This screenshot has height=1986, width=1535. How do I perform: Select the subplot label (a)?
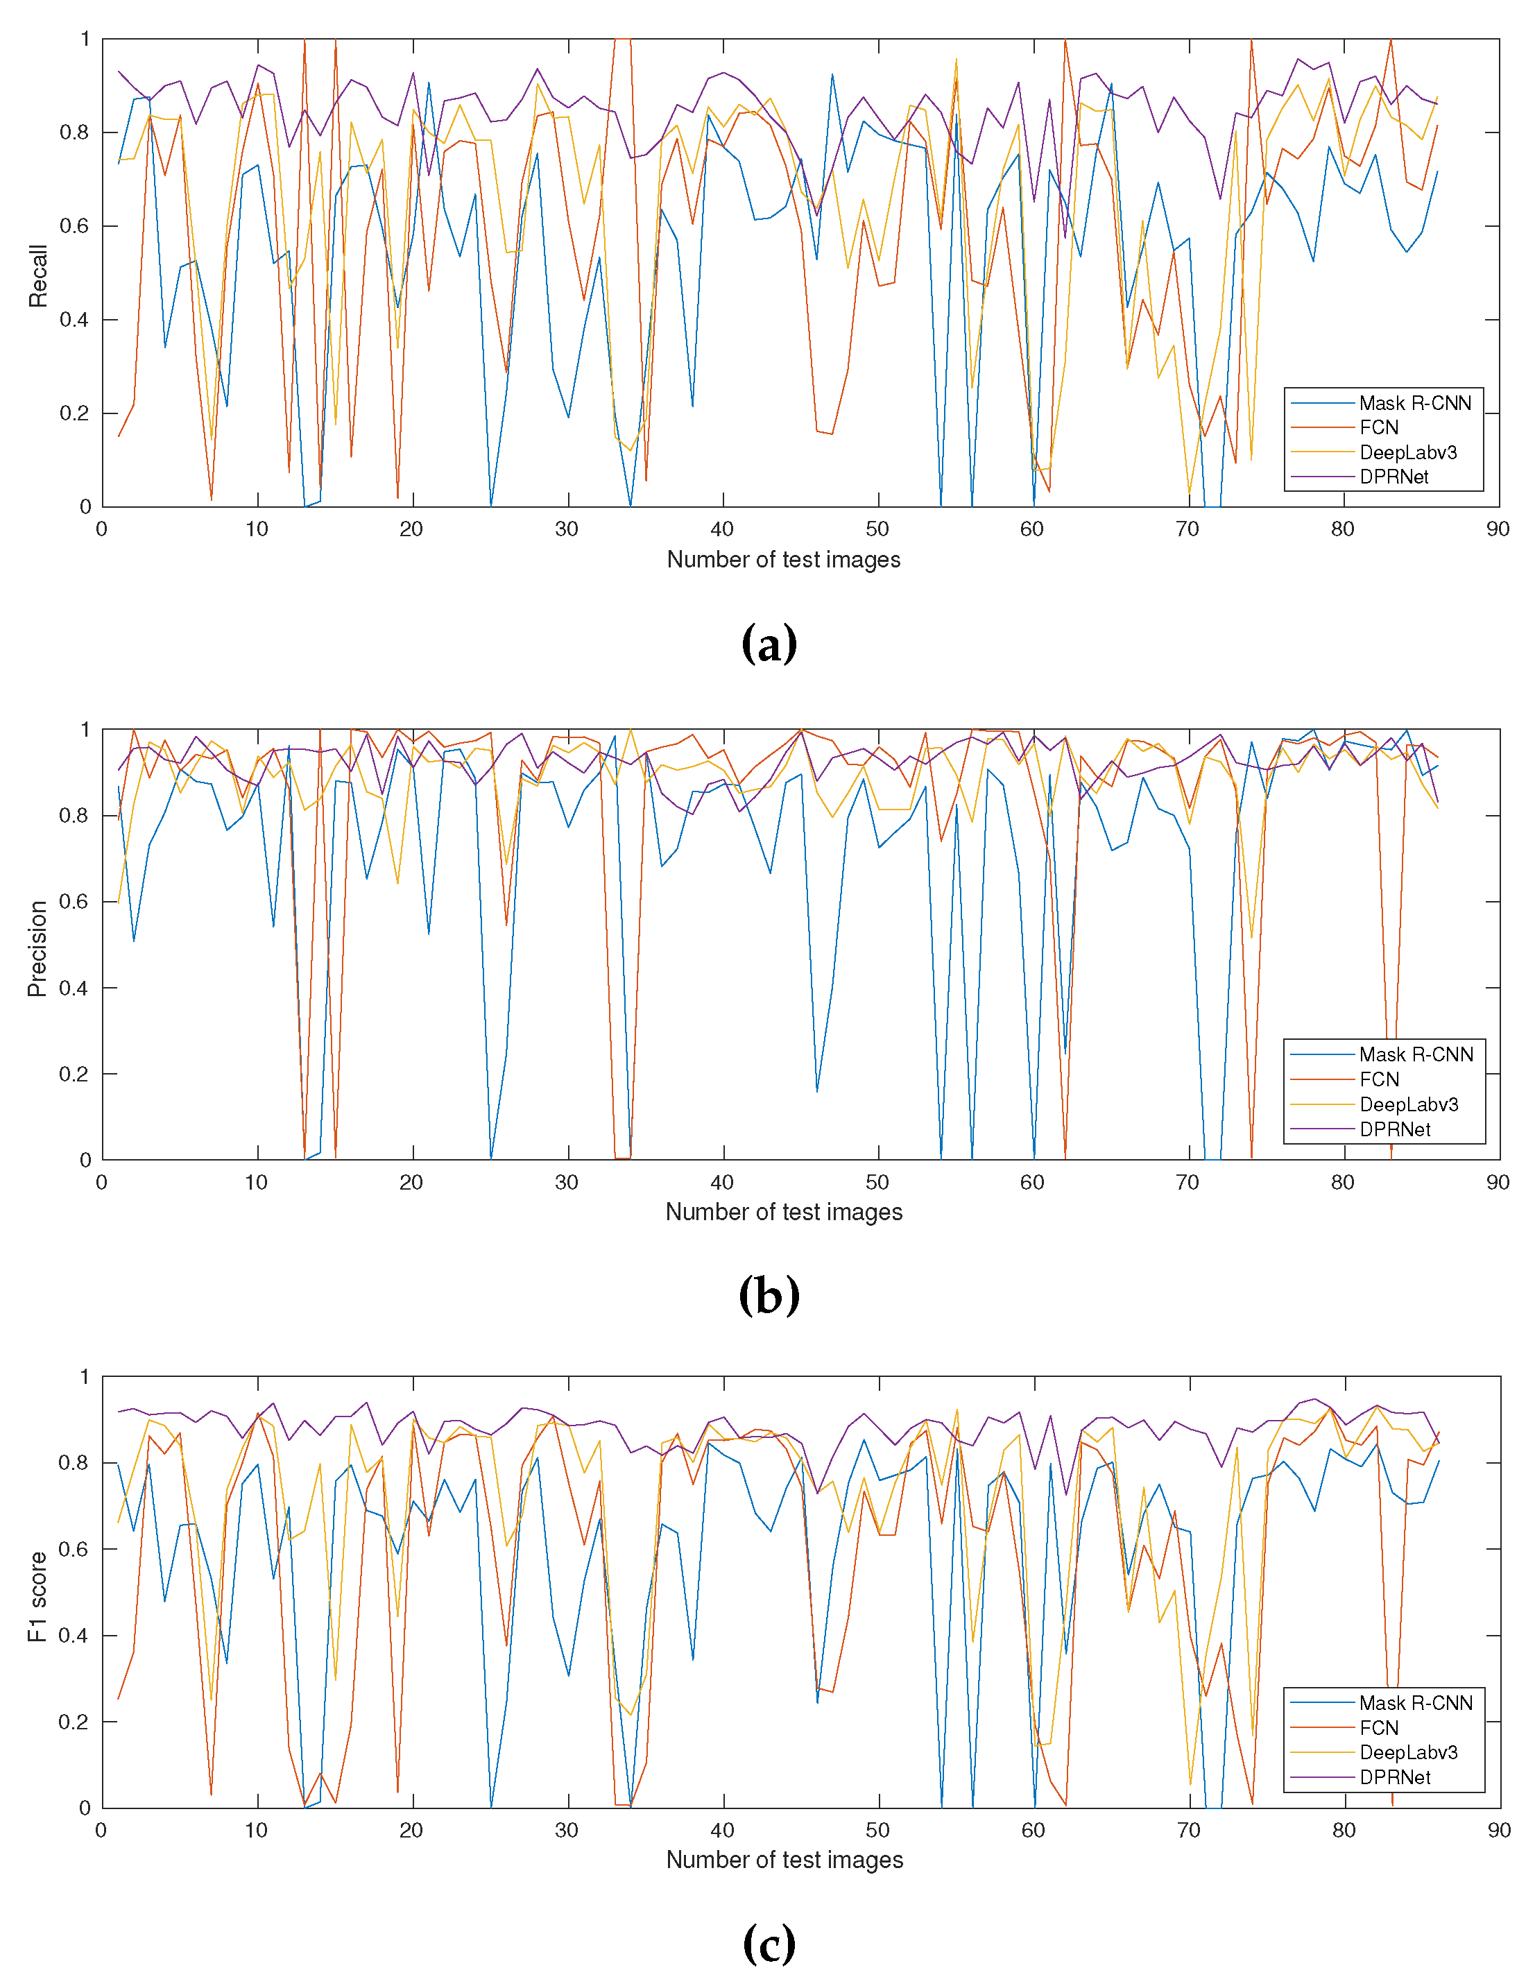tap(769, 644)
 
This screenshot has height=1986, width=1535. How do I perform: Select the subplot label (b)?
tap(769, 1295)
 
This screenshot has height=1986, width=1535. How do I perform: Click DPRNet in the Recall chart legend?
tap(1393, 477)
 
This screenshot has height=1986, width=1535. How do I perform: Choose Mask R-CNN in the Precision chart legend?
tap(1415, 1054)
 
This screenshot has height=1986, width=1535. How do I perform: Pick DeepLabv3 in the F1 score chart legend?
tap(1407, 1752)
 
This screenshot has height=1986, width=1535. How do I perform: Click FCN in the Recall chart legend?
tap(1379, 427)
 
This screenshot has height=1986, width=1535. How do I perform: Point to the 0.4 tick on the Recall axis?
tap(75, 320)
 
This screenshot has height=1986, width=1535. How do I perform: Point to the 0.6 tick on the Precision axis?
tap(75, 901)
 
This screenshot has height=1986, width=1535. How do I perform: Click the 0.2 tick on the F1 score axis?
tap(75, 1722)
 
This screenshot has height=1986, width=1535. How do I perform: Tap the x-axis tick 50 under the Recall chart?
tap(877, 529)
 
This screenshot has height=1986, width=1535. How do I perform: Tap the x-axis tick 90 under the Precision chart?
tap(1497, 1182)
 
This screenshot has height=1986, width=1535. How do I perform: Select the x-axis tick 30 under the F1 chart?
tap(567, 1831)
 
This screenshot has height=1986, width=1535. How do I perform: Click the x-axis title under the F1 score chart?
tap(784, 1860)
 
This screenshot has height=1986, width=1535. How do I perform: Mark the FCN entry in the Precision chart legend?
tap(1379, 1079)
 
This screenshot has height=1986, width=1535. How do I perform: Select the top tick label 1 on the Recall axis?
tap(85, 39)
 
